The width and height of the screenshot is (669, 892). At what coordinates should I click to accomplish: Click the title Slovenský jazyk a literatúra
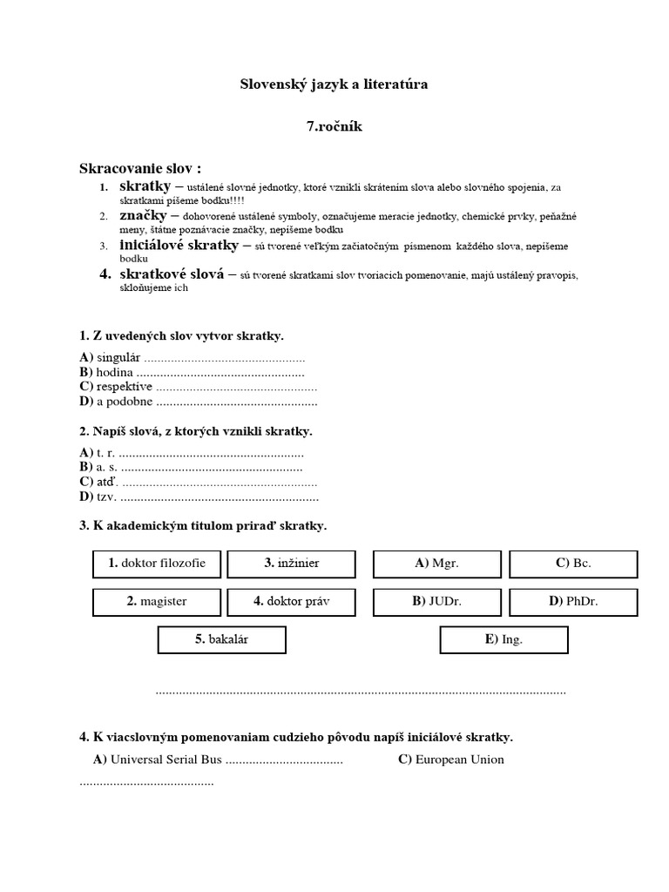(x=334, y=84)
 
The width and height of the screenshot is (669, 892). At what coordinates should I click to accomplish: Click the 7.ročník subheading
(x=334, y=126)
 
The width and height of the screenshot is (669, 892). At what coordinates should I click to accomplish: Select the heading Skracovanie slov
(x=140, y=168)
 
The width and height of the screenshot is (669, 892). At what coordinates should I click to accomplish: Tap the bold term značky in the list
(x=142, y=215)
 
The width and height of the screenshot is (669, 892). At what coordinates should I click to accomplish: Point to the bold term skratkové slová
(x=172, y=274)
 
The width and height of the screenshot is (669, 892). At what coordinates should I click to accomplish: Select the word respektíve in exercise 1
(x=125, y=387)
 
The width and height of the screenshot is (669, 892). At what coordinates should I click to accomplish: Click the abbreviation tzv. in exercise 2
(x=106, y=497)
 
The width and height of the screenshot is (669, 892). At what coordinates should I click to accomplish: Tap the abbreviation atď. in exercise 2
(x=108, y=483)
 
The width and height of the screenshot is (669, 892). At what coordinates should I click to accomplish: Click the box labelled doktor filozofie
(x=157, y=564)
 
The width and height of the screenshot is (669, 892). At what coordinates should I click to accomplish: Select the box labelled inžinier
(x=291, y=564)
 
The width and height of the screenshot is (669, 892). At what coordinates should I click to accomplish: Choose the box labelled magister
(x=157, y=602)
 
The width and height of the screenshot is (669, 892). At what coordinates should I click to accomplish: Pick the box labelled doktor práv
(x=291, y=602)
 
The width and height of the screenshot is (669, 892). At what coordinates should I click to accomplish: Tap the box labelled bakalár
(x=222, y=640)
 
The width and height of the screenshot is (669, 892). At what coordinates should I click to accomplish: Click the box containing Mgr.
(x=437, y=564)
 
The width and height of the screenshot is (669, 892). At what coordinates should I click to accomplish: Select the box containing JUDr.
(x=437, y=602)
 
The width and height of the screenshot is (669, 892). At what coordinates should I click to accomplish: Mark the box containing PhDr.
(x=573, y=602)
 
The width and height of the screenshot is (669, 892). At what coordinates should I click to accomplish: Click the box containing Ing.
(x=504, y=640)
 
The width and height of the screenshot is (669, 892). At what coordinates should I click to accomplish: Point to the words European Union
(x=459, y=760)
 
